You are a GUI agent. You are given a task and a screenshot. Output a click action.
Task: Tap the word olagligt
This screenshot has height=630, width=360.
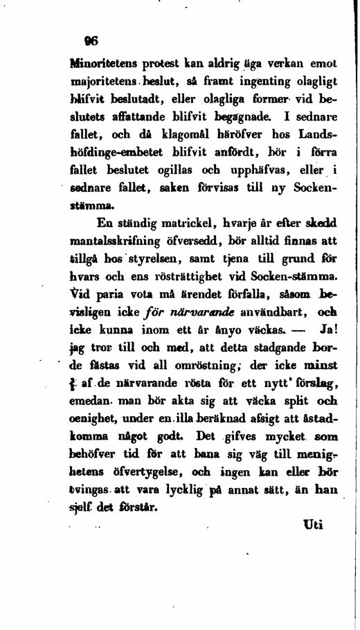(312, 80)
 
